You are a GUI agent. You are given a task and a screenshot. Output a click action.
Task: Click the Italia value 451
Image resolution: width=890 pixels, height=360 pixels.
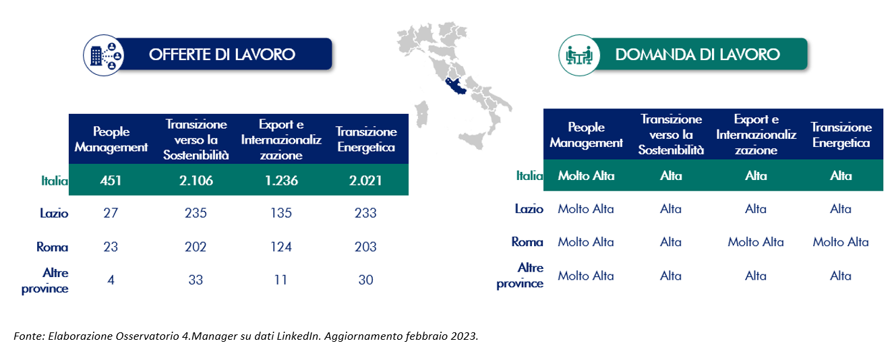click(111, 181)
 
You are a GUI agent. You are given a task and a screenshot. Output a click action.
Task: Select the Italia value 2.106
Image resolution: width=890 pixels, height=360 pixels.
click(196, 181)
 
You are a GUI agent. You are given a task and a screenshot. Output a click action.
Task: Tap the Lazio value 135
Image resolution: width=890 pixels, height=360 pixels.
click(281, 213)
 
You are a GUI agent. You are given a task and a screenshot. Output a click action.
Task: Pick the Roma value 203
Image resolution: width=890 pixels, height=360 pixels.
click(365, 247)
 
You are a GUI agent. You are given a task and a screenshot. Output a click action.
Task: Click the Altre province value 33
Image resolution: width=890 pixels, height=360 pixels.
click(196, 280)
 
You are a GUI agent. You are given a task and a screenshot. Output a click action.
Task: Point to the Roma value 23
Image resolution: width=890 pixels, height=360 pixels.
click(111, 247)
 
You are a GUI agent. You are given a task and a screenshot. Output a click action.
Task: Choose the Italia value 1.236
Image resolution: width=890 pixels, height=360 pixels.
click(281, 181)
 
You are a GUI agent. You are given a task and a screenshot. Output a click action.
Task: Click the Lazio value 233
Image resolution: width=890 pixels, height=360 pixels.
click(365, 213)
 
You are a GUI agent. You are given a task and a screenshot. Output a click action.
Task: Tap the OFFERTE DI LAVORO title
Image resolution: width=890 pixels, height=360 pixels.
click(222, 55)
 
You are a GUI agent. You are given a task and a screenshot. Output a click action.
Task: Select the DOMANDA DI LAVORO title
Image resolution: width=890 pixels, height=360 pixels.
click(698, 55)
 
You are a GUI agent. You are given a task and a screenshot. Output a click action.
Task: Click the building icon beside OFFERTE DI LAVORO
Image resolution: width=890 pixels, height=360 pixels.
click(104, 55)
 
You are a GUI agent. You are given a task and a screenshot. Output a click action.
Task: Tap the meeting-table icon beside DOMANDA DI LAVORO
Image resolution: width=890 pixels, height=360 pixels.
click(579, 55)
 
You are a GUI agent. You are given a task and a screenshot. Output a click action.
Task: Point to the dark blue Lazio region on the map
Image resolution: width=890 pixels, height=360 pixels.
click(455, 86)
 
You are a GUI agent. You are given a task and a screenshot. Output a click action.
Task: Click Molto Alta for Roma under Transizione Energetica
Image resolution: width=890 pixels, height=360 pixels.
click(841, 242)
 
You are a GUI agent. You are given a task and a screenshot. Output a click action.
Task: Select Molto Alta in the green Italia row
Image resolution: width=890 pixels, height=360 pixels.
click(586, 176)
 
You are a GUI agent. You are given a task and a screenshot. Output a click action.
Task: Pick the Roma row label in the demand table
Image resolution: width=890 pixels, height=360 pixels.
click(527, 242)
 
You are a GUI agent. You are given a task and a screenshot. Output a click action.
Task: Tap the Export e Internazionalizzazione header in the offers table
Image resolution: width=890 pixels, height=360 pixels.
click(281, 140)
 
